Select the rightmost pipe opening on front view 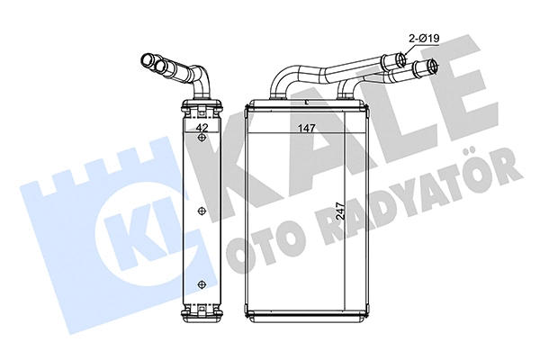tap(433, 66)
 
